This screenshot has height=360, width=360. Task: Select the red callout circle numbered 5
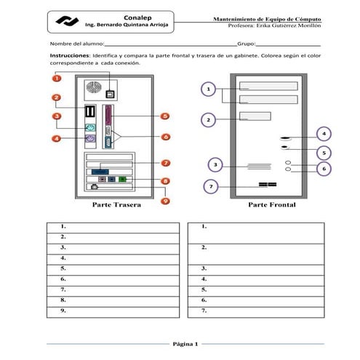click(x=165, y=116)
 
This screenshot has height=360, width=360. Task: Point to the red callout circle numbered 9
click(x=165, y=201)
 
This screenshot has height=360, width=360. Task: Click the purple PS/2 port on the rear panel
click(x=91, y=138)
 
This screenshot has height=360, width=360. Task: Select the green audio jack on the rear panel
click(x=122, y=178)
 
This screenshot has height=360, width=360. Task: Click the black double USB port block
click(x=91, y=112)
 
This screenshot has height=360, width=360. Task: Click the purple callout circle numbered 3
click(x=216, y=164)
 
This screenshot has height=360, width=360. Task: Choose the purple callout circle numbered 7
click(x=211, y=187)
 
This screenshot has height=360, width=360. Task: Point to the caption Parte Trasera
click(x=116, y=206)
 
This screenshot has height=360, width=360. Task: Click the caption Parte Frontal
click(x=272, y=206)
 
